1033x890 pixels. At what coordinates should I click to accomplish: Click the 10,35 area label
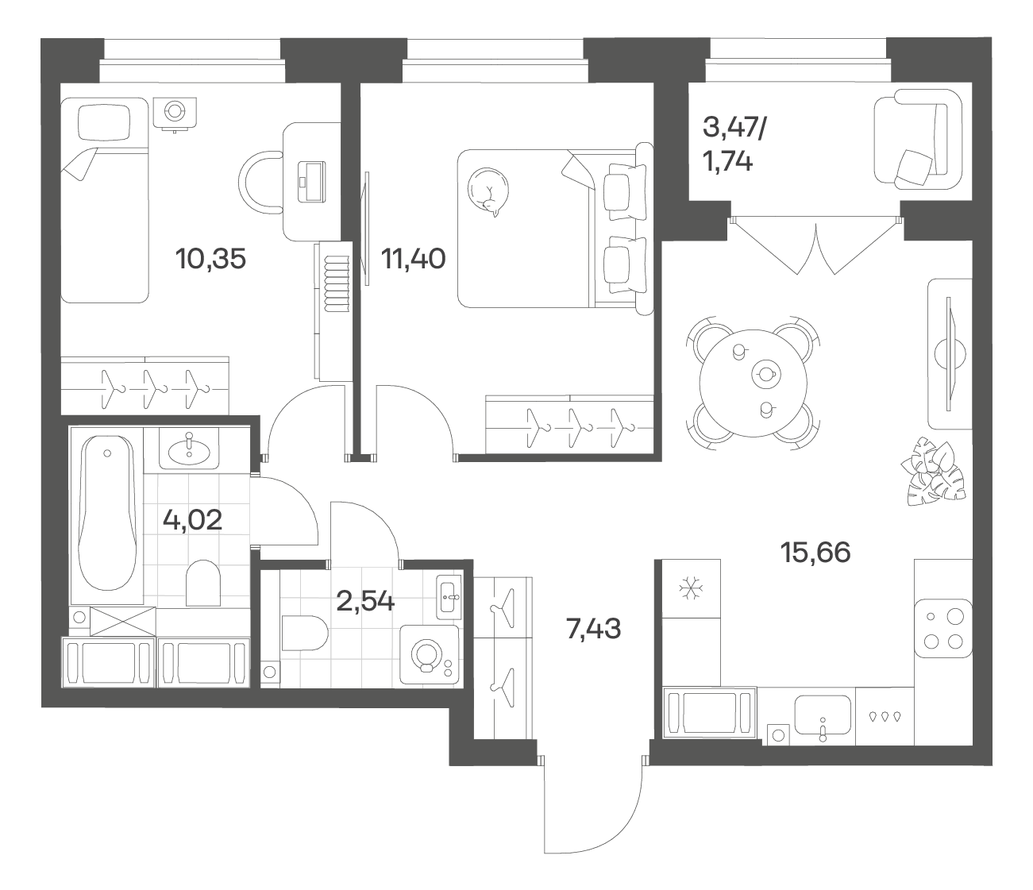[x=210, y=259]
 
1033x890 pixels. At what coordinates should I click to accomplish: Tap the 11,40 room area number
[x=413, y=259]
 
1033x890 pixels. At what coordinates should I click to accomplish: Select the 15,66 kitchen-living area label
[x=815, y=553]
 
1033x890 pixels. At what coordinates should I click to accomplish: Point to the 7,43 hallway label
[x=593, y=628]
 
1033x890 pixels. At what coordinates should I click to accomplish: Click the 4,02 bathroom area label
[x=192, y=520]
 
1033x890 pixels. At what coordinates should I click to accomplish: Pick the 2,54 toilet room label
[x=365, y=601]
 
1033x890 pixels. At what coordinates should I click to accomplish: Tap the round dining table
[x=754, y=383]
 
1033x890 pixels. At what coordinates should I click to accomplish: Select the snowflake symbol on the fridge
[x=691, y=588]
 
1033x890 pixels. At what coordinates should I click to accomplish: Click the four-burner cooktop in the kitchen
[x=943, y=628]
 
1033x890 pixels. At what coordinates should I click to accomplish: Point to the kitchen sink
[x=823, y=715]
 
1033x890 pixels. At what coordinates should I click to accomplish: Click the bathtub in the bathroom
[x=107, y=513]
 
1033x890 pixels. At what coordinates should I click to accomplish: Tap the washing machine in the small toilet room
[x=430, y=655]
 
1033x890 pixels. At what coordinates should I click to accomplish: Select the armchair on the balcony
[x=918, y=140]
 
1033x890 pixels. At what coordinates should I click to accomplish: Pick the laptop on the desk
[x=311, y=182]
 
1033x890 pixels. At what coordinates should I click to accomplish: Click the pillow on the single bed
[x=104, y=122]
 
